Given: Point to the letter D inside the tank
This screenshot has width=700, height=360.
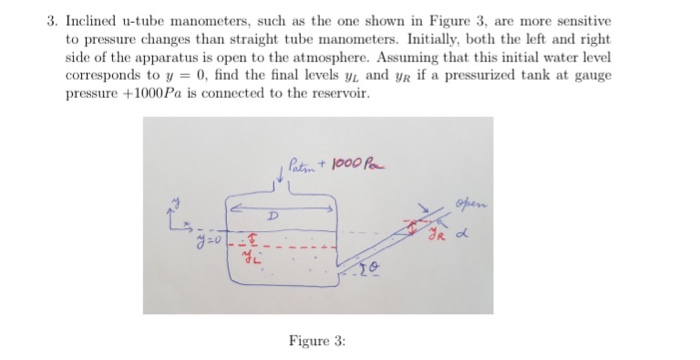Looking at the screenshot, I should (269, 219).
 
